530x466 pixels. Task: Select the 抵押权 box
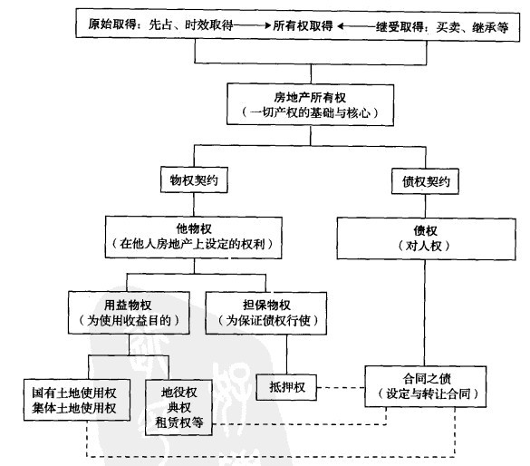(x=282, y=387)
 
